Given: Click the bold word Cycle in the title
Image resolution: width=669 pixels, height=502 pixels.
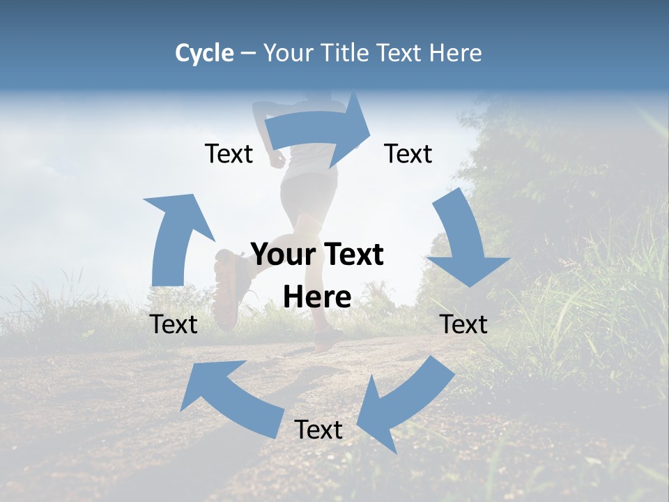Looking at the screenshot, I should (204, 53).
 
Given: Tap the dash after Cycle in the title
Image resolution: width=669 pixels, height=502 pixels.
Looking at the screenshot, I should (247, 54).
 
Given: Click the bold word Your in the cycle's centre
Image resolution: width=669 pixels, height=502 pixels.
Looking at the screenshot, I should (282, 255).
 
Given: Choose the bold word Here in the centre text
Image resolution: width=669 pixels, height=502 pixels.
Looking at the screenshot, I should (317, 298).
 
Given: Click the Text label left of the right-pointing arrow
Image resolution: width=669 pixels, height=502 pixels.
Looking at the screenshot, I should (229, 153).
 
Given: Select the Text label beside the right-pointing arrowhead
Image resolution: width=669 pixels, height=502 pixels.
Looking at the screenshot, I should (408, 153).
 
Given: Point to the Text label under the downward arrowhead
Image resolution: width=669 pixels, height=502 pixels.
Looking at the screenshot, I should (464, 324).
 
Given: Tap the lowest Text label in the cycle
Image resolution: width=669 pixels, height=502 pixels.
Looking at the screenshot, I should (318, 429).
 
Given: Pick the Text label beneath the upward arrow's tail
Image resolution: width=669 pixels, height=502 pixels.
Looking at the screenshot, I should (174, 324).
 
